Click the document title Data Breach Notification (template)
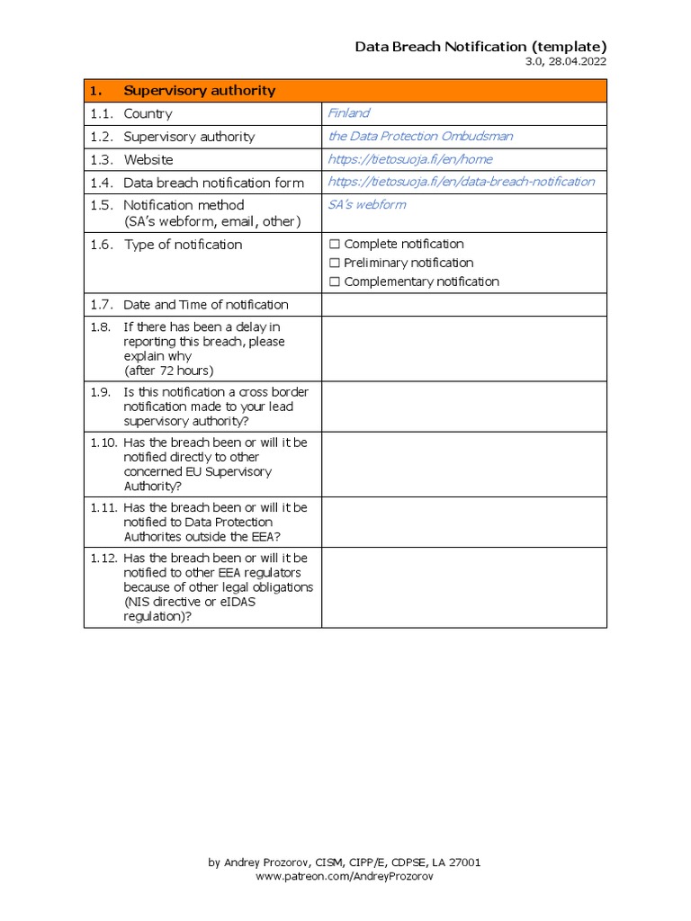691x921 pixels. (x=480, y=47)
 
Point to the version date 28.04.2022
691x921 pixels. (x=577, y=62)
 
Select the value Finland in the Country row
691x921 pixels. (x=349, y=113)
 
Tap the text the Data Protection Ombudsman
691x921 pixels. (x=420, y=136)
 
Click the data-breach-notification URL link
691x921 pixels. (x=461, y=182)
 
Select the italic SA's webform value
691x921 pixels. (x=366, y=204)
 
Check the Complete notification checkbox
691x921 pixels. (x=335, y=244)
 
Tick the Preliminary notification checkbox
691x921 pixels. (x=335, y=263)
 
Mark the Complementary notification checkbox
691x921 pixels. (x=335, y=282)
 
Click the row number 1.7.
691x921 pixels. (x=101, y=305)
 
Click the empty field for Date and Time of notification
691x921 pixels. (x=463, y=305)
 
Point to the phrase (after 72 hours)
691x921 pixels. (x=169, y=371)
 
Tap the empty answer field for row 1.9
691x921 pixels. (x=463, y=407)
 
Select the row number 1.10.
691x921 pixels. (x=103, y=443)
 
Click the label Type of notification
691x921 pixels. (x=183, y=245)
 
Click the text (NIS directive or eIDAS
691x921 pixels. (x=189, y=602)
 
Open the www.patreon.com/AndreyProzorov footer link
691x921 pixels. (x=345, y=876)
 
